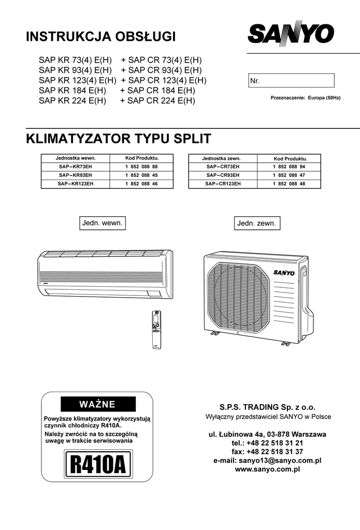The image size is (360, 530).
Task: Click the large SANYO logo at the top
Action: point(291,34)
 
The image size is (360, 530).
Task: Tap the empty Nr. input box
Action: point(291,80)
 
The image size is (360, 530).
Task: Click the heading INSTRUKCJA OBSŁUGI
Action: point(101,36)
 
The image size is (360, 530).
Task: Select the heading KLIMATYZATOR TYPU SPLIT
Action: point(119,139)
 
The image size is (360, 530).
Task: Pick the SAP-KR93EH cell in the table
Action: point(76,175)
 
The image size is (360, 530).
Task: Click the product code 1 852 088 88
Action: point(141,167)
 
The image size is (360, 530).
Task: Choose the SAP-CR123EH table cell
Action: point(223,184)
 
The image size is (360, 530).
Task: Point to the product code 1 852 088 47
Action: point(289,175)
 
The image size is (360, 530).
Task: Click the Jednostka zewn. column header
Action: point(222,158)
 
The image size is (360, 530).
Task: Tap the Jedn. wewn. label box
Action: point(103,223)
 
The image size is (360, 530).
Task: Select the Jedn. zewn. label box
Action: point(257,223)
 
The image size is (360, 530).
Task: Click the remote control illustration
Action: point(156,330)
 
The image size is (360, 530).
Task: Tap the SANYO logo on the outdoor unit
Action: point(284,272)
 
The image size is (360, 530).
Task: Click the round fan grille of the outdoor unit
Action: point(239,298)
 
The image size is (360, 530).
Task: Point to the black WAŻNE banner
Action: point(98,404)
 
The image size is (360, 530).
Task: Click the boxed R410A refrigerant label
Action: point(98,464)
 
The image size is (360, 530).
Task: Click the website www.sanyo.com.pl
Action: point(267,469)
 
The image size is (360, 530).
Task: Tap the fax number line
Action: point(267,451)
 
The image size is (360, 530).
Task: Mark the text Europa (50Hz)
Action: point(324,98)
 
